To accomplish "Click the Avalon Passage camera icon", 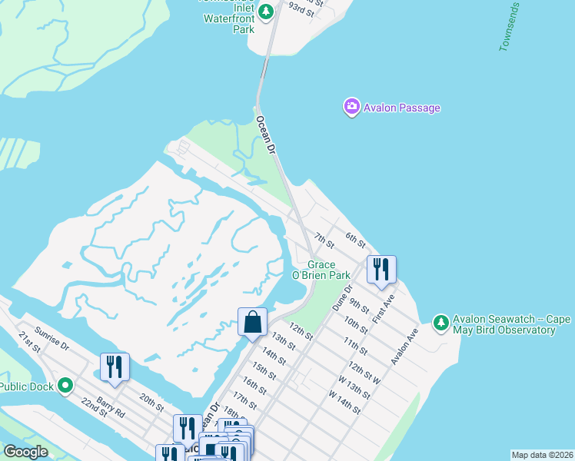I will point(351,107).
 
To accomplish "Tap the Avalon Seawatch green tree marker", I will point(440,323).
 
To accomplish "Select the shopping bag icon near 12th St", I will point(252,323).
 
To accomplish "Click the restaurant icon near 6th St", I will point(381,270).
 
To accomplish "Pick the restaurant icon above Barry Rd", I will point(115,367).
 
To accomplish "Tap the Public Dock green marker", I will point(66,386).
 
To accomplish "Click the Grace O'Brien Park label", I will point(321,270).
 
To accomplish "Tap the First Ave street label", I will point(384,309).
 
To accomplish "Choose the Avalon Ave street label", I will point(404,350).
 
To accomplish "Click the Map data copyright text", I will point(541,455).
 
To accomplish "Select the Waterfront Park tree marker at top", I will point(266,11).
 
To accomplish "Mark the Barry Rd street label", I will point(111,406).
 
